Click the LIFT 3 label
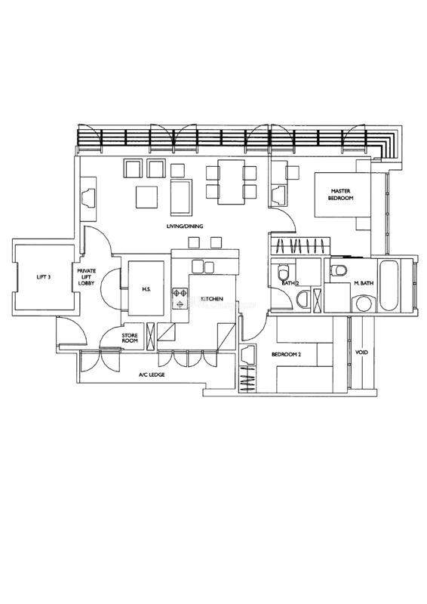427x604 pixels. [x=44, y=276]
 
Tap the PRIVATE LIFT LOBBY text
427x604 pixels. [x=86, y=276]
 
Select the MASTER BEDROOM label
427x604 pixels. [x=341, y=195]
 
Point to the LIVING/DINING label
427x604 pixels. [x=185, y=226]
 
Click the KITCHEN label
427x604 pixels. [x=212, y=298]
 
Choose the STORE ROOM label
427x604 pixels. [x=130, y=338]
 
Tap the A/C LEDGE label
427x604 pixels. [x=152, y=374]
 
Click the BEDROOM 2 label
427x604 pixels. [x=286, y=354]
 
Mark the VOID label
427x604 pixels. [x=361, y=353]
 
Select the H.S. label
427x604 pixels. [x=146, y=289]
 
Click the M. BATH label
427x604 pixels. [x=364, y=283]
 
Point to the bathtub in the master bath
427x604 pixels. [x=389, y=285]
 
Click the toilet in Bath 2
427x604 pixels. [x=284, y=273]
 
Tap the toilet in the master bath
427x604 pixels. [x=339, y=270]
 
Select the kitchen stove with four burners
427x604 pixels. [x=180, y=298]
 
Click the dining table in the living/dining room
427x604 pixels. [x=231, y=182]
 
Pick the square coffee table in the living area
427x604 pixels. [x=146, y=197]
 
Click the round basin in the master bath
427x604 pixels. [x=364, y=304]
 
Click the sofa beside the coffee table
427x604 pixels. [x=181, y=198]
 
